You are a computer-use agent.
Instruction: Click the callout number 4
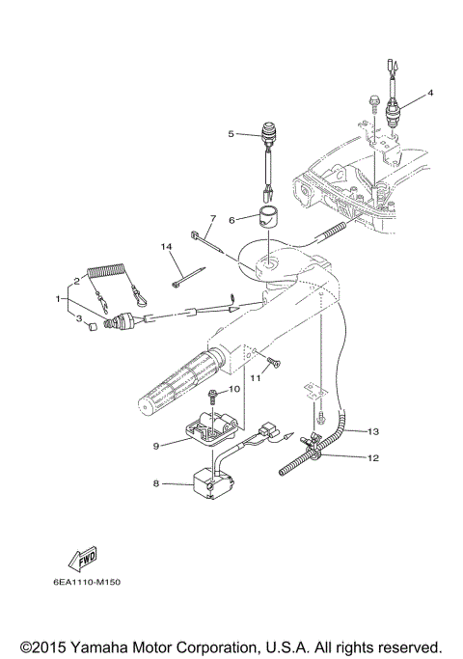tap(431, 93)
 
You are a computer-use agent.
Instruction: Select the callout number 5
tap(231, 133)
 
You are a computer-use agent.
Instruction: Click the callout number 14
tap(166, 247)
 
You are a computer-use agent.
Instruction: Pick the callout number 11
tap(257, 379)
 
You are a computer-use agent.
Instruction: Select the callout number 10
tap(231, 389)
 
